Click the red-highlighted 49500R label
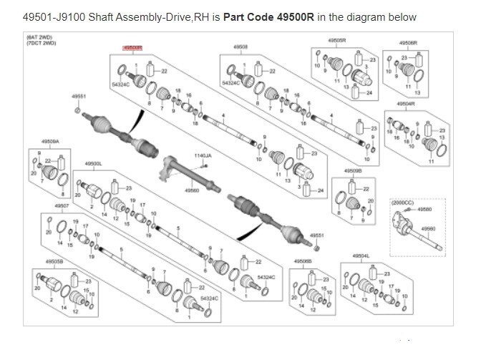coord(132,47)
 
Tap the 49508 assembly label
coord(240,47)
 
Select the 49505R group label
coord(339,42)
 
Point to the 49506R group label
coord(408,43)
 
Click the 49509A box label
coord(50,142)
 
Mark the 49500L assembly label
coord(94,163)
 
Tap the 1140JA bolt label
coord(203,155)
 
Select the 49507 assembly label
coord(62,205)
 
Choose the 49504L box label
coord(361,255)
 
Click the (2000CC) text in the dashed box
coord(404,203)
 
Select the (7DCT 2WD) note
coord(41,43)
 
